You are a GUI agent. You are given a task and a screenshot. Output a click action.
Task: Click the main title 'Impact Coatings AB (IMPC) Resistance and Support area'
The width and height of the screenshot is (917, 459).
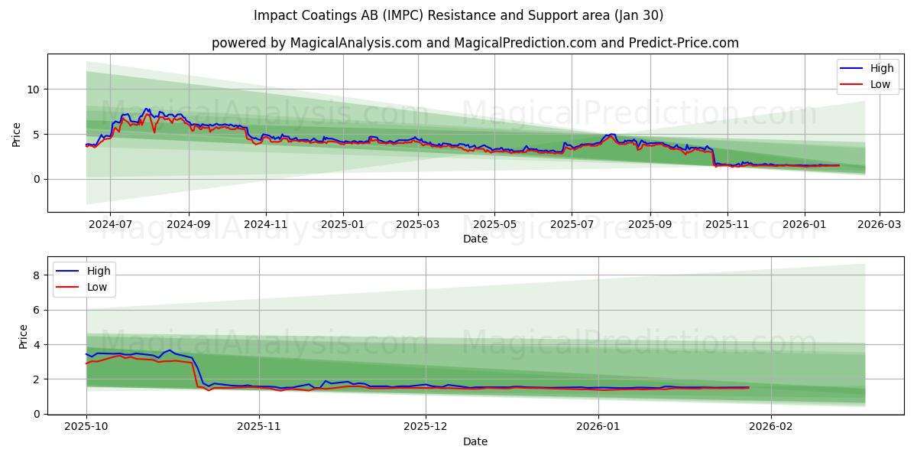tap(458, 15)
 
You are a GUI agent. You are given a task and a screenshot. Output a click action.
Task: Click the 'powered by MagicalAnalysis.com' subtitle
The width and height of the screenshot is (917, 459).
tap(316, 43)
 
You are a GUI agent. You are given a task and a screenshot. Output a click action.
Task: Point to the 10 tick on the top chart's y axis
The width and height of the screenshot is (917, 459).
tap(34, 90)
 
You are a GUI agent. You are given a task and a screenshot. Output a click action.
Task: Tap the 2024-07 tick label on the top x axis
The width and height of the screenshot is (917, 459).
tap(110, 225)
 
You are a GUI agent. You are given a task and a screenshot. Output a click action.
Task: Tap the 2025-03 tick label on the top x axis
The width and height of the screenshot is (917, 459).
tap(418, 225)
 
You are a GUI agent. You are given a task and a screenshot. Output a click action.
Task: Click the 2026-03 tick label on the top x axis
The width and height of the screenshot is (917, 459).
tap(880, 225)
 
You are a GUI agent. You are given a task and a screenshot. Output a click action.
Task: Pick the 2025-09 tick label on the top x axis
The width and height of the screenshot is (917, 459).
tap(650, 225)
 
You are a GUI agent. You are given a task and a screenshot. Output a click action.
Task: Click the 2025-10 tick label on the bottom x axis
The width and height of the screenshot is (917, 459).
tap(86, 427)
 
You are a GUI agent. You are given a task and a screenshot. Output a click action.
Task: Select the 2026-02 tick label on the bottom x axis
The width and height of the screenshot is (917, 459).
tap(772, 427)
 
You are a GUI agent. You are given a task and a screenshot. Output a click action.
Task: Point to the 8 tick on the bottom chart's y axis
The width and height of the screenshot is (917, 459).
tap(37, 275)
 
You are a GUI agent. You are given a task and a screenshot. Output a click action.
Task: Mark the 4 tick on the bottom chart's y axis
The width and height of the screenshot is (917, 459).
tap(37, 344)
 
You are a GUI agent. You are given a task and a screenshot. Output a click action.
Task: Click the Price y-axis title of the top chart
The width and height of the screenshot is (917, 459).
tap(17, 133)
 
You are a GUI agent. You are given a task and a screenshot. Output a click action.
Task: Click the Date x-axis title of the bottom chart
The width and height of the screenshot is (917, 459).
tap(475, 441)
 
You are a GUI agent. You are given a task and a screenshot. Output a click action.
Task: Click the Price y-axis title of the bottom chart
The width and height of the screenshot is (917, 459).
tap(23, 337)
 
